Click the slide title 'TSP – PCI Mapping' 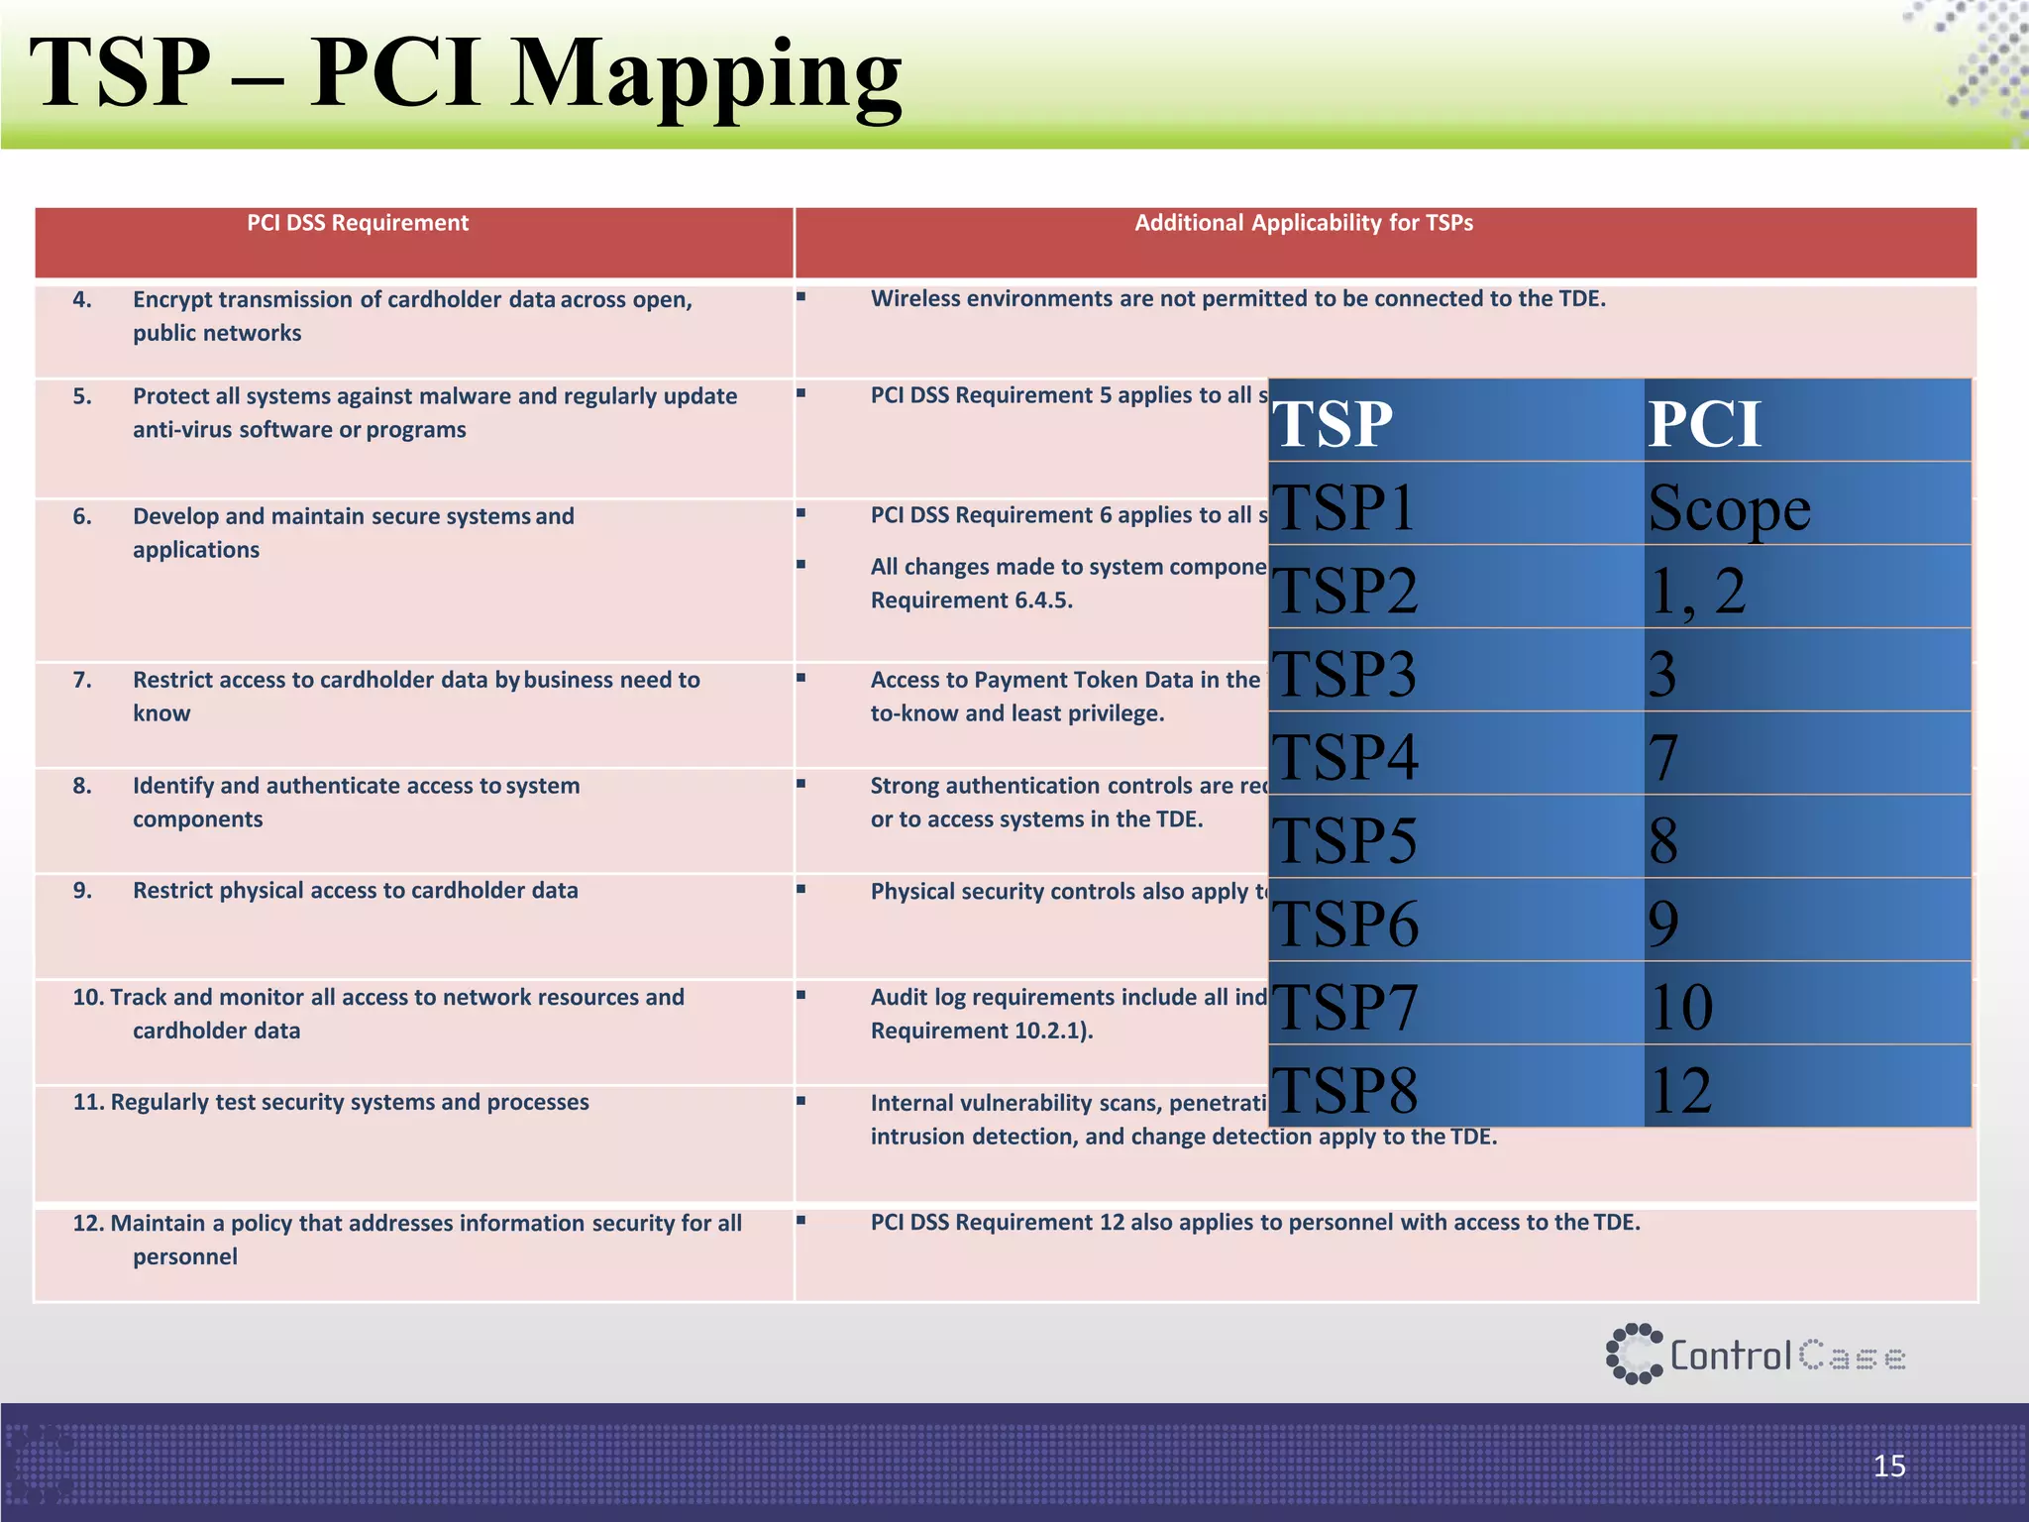(466, 74)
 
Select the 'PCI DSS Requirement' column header (358, 223)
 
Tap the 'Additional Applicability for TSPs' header (1303, 223)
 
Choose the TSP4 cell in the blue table (1344, 757)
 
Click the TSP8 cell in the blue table (1344, 1090)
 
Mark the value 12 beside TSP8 (1680, 1090)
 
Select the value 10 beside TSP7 (1680, 1007)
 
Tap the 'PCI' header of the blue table (1704, 424)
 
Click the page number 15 (1889, 1466)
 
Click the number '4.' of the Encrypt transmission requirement (82, 299)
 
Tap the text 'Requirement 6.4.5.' (971, 600)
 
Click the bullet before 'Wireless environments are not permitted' (801, 296)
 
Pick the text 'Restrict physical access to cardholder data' (355, 890)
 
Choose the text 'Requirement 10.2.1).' (982, 1031)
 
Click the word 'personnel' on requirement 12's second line (185, 1256)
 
